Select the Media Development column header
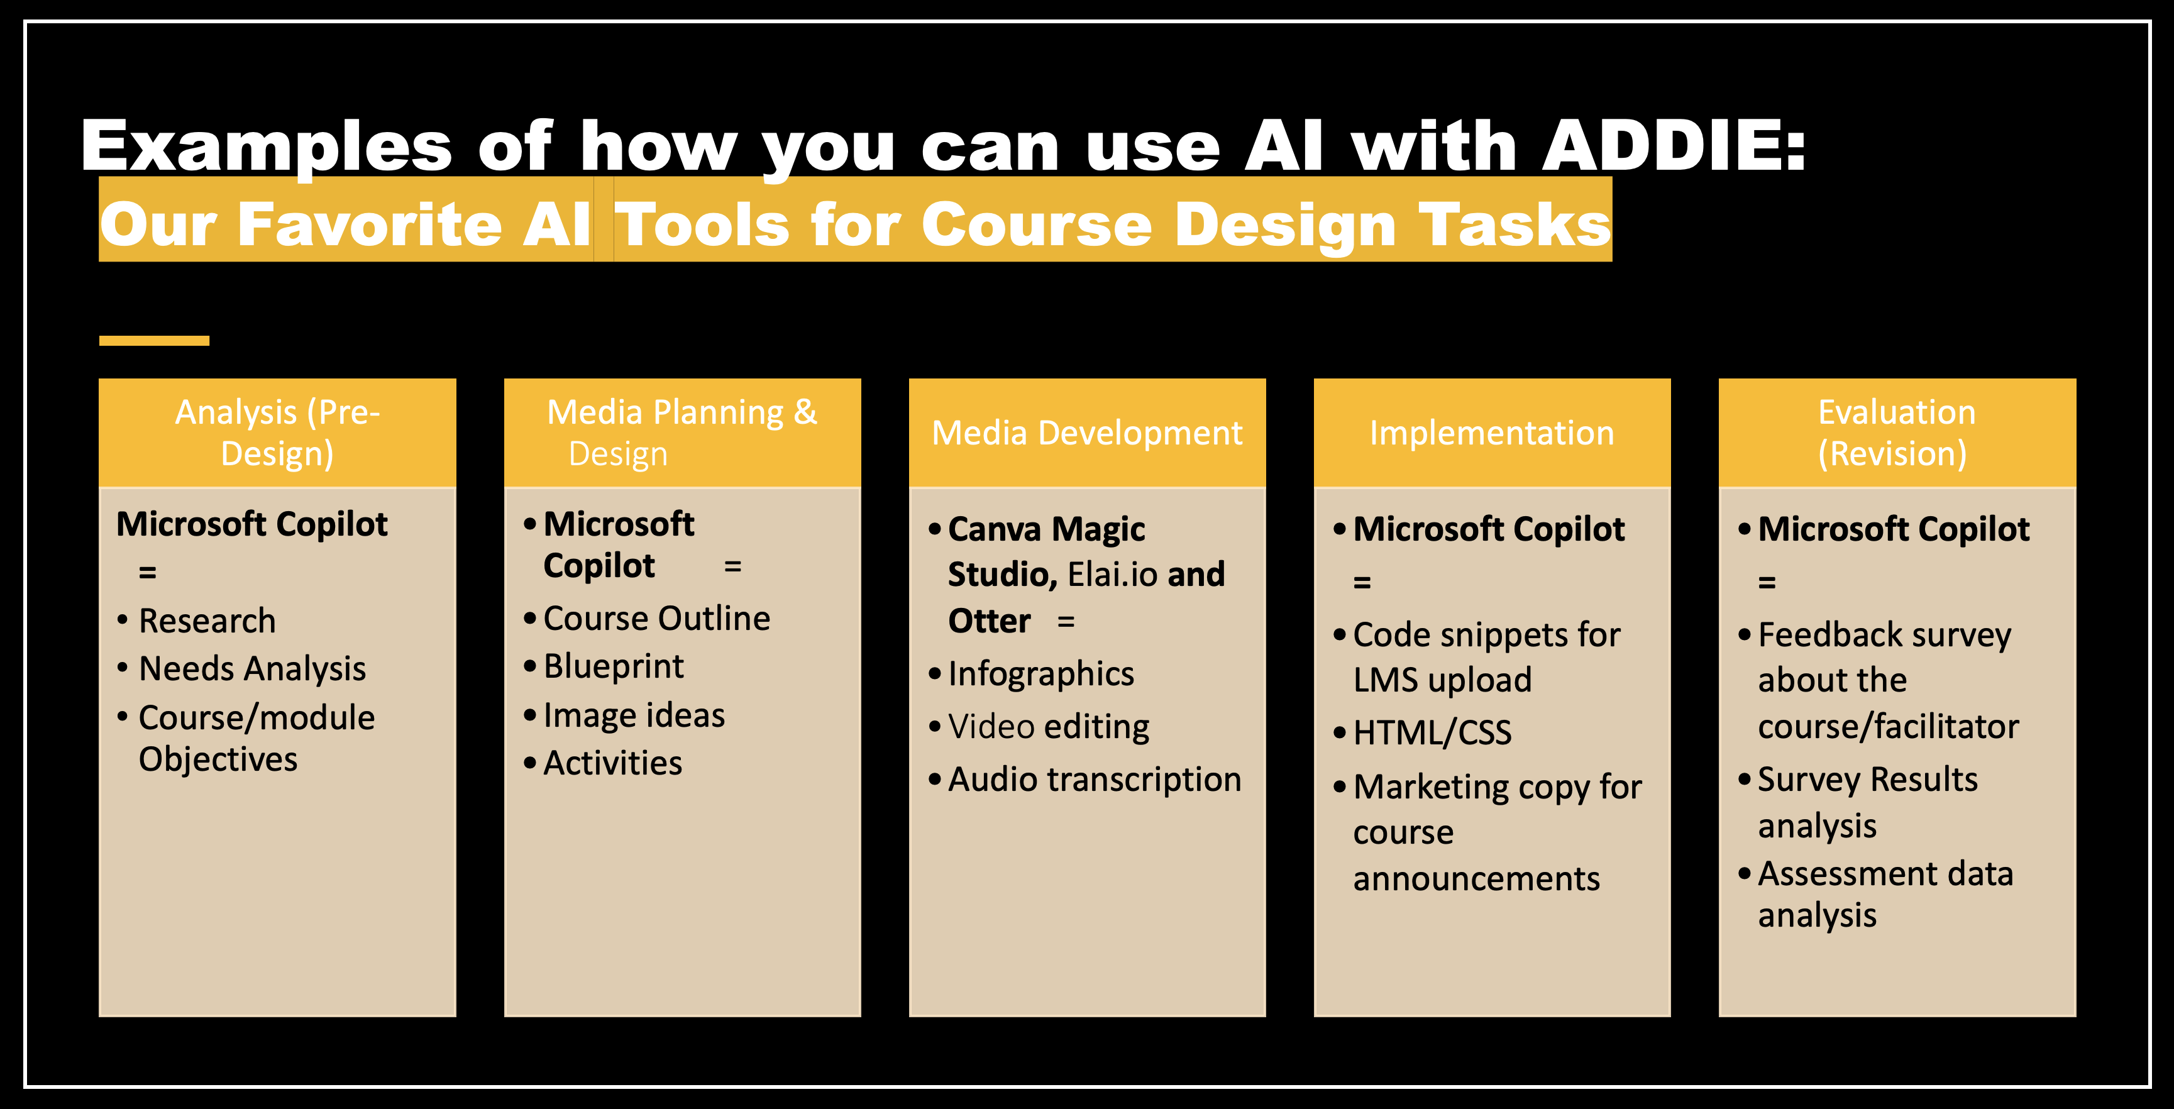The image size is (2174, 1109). tap(1087, 433)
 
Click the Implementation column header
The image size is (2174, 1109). tap(1492, 433)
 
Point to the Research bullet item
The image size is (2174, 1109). tap(207, 621)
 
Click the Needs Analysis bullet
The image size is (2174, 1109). tap(252, 668)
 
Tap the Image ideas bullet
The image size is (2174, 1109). tap(634, 715)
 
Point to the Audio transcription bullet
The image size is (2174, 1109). tap(1095, 779)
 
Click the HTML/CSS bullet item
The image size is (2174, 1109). tap(1432, 732)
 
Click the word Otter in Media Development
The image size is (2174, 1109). tap(989, 621)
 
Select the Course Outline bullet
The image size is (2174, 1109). tap(656, 619)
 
